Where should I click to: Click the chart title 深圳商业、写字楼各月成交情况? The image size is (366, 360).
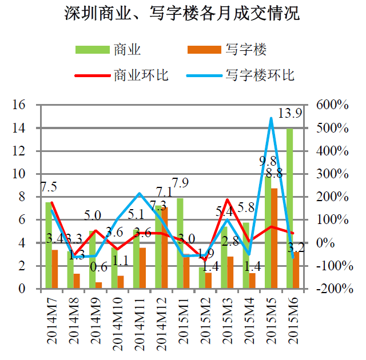[182, 13]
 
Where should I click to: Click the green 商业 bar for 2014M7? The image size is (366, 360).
[49, 245]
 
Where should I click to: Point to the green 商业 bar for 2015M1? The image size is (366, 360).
[180, 243]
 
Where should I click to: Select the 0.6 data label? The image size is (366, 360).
[99, 267]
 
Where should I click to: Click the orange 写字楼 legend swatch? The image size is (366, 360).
[204, 50]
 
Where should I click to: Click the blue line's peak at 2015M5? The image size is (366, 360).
[271, 118]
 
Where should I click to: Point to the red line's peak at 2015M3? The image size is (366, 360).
[227, 199]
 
